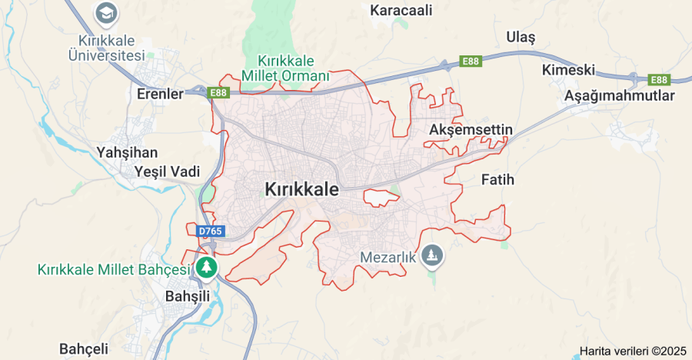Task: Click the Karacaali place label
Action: pyautogui.click(x=401, y=11)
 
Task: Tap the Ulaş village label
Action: pyautogui.click(x=521, y=37)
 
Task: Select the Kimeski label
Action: pyautogui.click(x=568, y=70)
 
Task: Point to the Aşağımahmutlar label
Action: pyautogui.click(x=619, y=96)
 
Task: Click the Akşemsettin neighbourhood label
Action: pyautogui.click(x=471, y=129)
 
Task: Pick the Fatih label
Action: pyautogui.click(x=497, y=180)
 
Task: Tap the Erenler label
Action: pyautogui.click(x=160, y=95)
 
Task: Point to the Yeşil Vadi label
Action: pyautogui.click(x=167, y=171)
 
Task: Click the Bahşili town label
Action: pyautogui.click(x=188, y=295)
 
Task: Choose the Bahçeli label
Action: pyautogui.click(x=84, y=348)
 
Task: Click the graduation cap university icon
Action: pyautogui.click(x=106, y=13)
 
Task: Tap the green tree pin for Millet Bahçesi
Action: pyautogui.click(x=205, y=268)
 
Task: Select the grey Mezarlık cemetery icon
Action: pyautogui.click(x=433, y=256)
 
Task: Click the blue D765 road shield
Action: pyautogui.click(x=208, y=231)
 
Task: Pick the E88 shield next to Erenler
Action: pyautogui.click(x=218, y=93)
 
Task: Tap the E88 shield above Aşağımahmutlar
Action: pyautogui.click(x=659, y=79)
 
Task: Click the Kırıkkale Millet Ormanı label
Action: pyautogui.click(x=285, y=68)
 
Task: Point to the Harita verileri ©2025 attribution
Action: pyautogui.click(x=632, y=351)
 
